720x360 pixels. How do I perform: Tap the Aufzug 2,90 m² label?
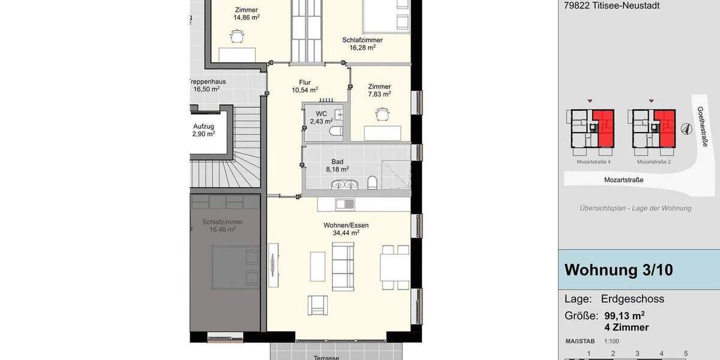(x=203, y=130)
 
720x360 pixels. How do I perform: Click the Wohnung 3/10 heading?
(x=619, y=270)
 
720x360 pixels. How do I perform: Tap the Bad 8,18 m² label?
(x=337, y=166)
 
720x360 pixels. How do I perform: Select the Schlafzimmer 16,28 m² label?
(x=362, y=44)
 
